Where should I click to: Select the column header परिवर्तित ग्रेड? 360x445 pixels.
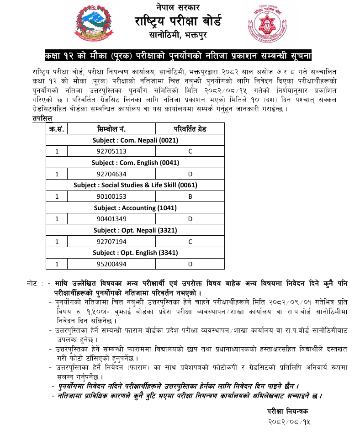pos(190,129)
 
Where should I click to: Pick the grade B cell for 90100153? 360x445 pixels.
pos(190,196)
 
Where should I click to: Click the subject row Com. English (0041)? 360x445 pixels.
pos(135,163)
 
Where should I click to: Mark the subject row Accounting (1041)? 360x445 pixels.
pos(135,207)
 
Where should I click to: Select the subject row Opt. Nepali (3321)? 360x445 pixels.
pos(135,230)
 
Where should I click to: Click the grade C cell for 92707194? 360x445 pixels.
pos(190,241)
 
